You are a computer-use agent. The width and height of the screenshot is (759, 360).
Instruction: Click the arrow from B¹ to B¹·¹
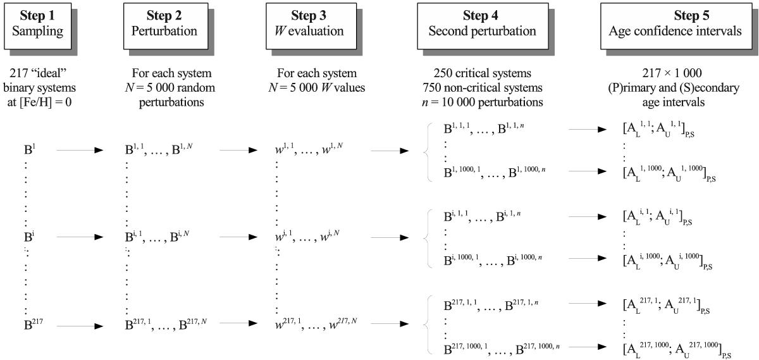(x=80, y=151)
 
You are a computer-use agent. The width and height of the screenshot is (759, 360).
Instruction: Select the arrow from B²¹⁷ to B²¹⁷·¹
(x=80, y=326)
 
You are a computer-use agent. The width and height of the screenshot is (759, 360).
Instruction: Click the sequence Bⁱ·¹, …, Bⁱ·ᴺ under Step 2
(x=158, y=239)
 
